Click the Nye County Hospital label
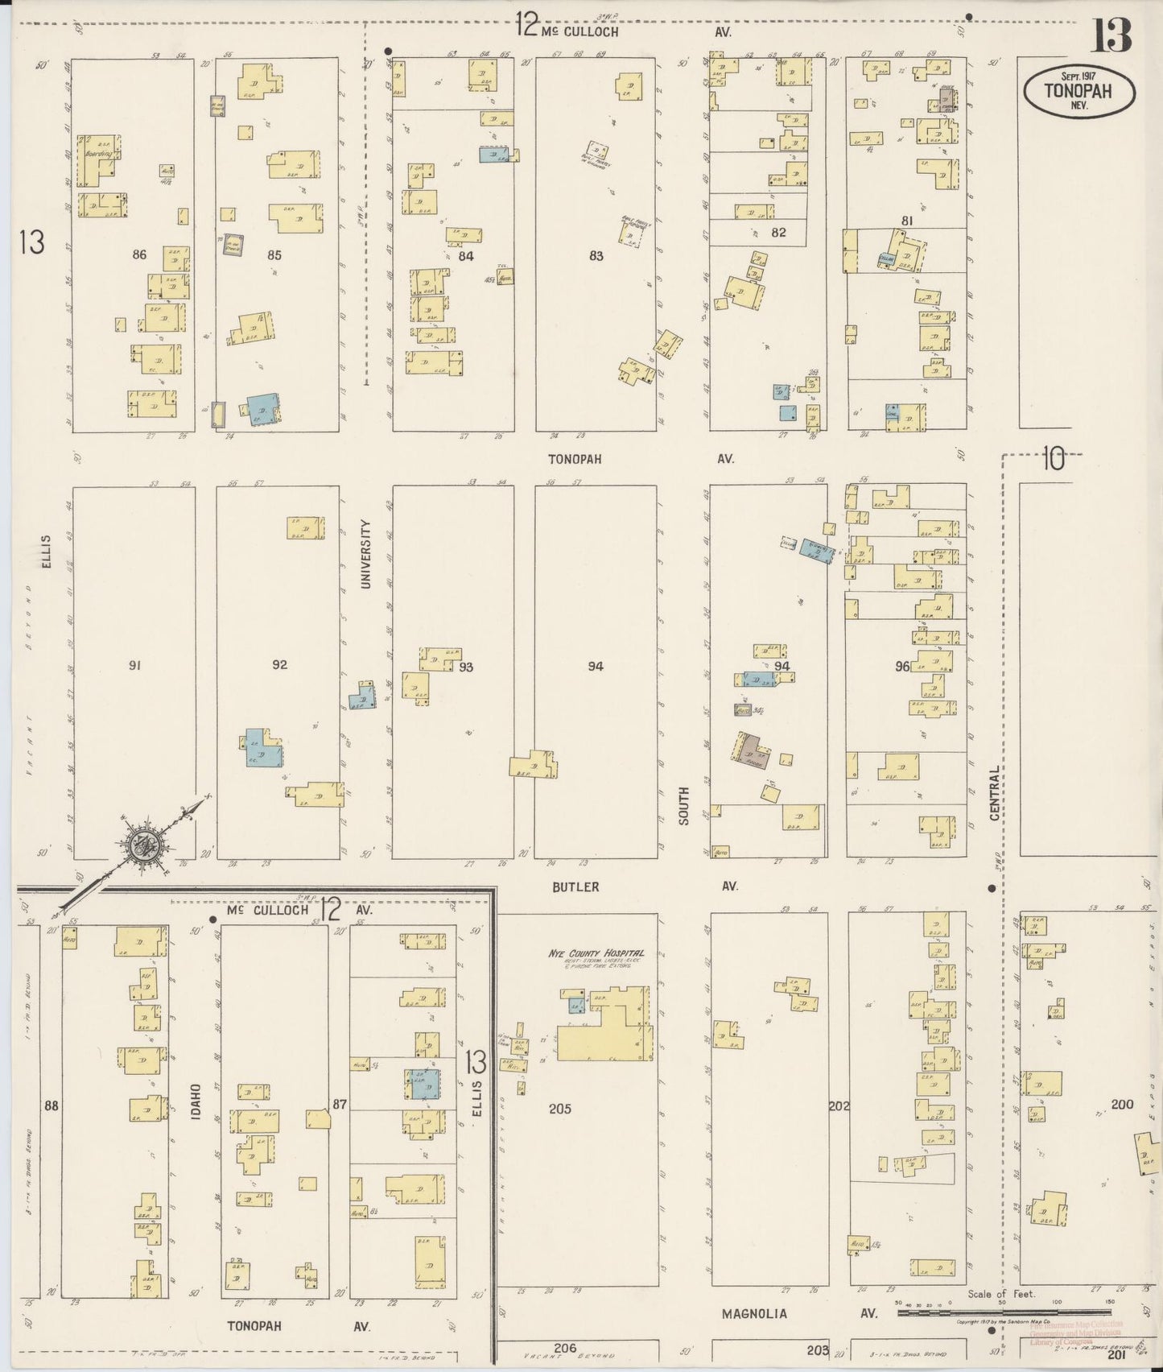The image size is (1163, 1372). (x=596, y=953)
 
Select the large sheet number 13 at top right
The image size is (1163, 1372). (x=1111, y=35)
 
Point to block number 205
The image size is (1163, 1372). (x=559, y=1109)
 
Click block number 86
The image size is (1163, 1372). (x=139, y=254)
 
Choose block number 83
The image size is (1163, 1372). (x=596, y=256)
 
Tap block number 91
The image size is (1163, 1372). (x=134, y=665)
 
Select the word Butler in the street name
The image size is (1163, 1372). (x=575, y=886)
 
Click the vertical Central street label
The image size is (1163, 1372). (x=995, y=793)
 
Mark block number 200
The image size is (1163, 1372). (x=1122, y=1104)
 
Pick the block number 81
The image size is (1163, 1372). (x=907, y=221)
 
